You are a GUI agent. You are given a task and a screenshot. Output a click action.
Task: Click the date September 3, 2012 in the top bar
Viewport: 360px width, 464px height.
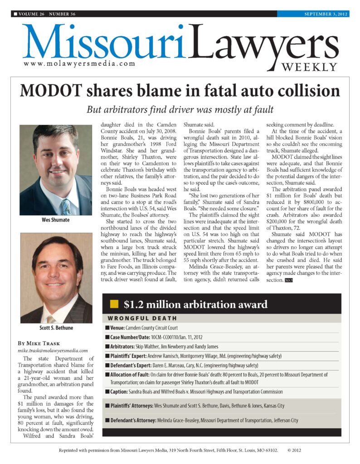pos(326,14)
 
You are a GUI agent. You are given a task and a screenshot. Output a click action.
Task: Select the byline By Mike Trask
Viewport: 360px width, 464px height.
pos(39,343)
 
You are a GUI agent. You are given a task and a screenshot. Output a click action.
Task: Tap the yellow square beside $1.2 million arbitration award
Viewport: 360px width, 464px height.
pos(114,304)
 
